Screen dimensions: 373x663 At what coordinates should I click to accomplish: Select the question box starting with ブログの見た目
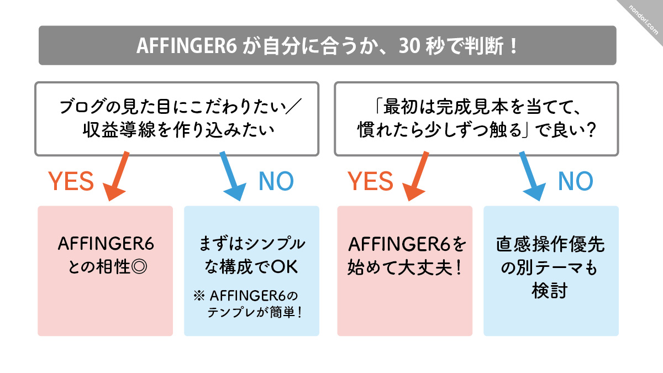pyautogui.click(x=177, y=118)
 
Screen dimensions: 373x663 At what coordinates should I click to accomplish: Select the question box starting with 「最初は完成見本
pyautogui.click(x=476, y=118)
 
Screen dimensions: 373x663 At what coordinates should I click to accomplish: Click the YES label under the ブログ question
pyautogui.click(x=71, y=181)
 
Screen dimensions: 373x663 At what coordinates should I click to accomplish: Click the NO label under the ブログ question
pyautogui.click(x=276, y=181)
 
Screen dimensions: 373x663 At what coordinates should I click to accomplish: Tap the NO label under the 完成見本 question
pyautogui.click(x=576, y=181)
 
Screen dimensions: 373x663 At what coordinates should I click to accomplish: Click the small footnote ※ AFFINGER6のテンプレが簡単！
pyautogui.click(x=251, y=304)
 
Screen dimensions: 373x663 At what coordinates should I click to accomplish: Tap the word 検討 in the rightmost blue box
pyautogui.click(x=551, y=290)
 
